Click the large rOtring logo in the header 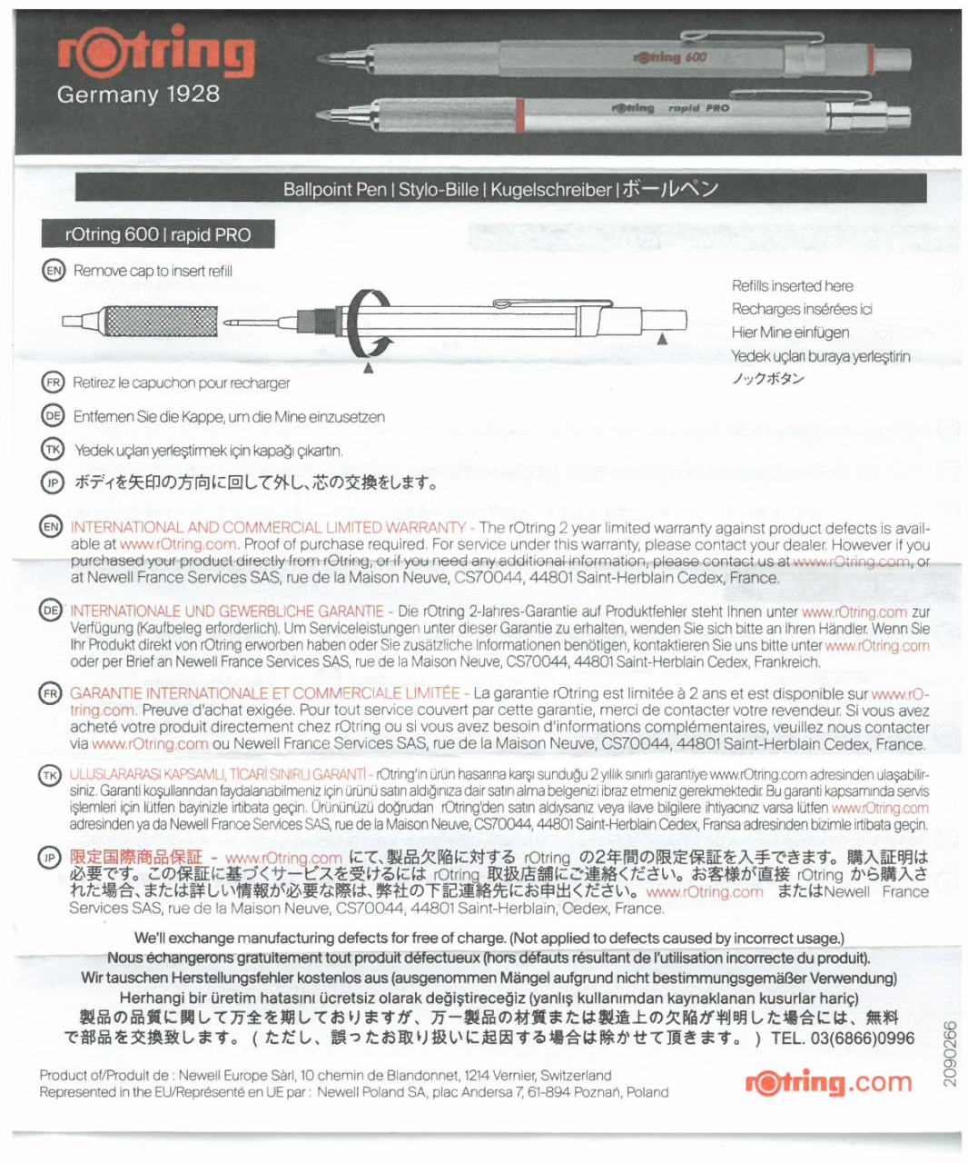pyautogui.click(x=155, y=54)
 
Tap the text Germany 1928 pyautogui.click(x=138, y=94)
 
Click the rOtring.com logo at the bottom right pyautogui.click(x=828, y=1082)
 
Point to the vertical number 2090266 pyautogui.click(x=950, y=1053)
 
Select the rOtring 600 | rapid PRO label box pyautogui.click(x=158, y=234)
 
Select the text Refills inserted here pyautogui.click(x=792, y=285)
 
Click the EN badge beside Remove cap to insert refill pyautogui.click(x=53, y=270)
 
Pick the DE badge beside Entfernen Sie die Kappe pyautogui.click(x=53, y=416)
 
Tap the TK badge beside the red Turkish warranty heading pyautogui.click(x=50, y=775)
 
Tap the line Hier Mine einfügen pyautogui.click(x=790, y=333)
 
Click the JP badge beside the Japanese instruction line pyautogui.click(x=53, y=482)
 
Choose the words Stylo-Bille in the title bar pyautogui.click(x=440, y=190)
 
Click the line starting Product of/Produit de pyautogui.click(x=325, y=1075)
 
